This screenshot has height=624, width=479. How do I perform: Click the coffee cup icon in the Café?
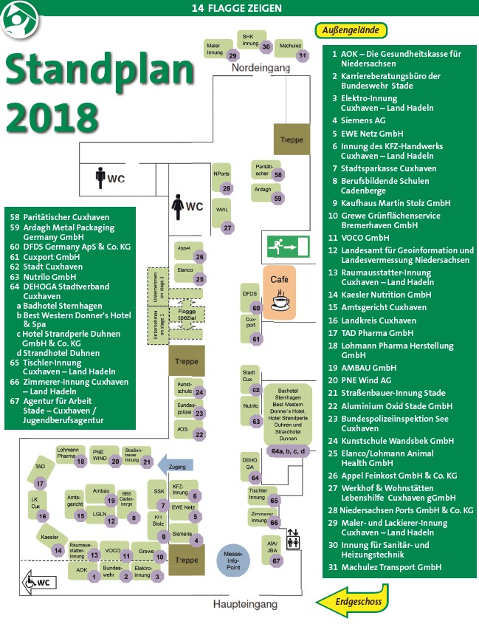coord(280,301)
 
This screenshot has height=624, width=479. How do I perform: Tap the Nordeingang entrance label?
coord(261,68)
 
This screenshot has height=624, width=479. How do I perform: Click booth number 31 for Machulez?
coord(301,55)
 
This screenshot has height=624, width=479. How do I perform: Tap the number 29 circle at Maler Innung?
coord(232,55)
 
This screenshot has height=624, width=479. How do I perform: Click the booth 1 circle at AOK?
coord(94,576)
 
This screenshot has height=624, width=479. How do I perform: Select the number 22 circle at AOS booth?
coord(199,435)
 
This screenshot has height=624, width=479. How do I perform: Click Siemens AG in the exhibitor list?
coord(363,120)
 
